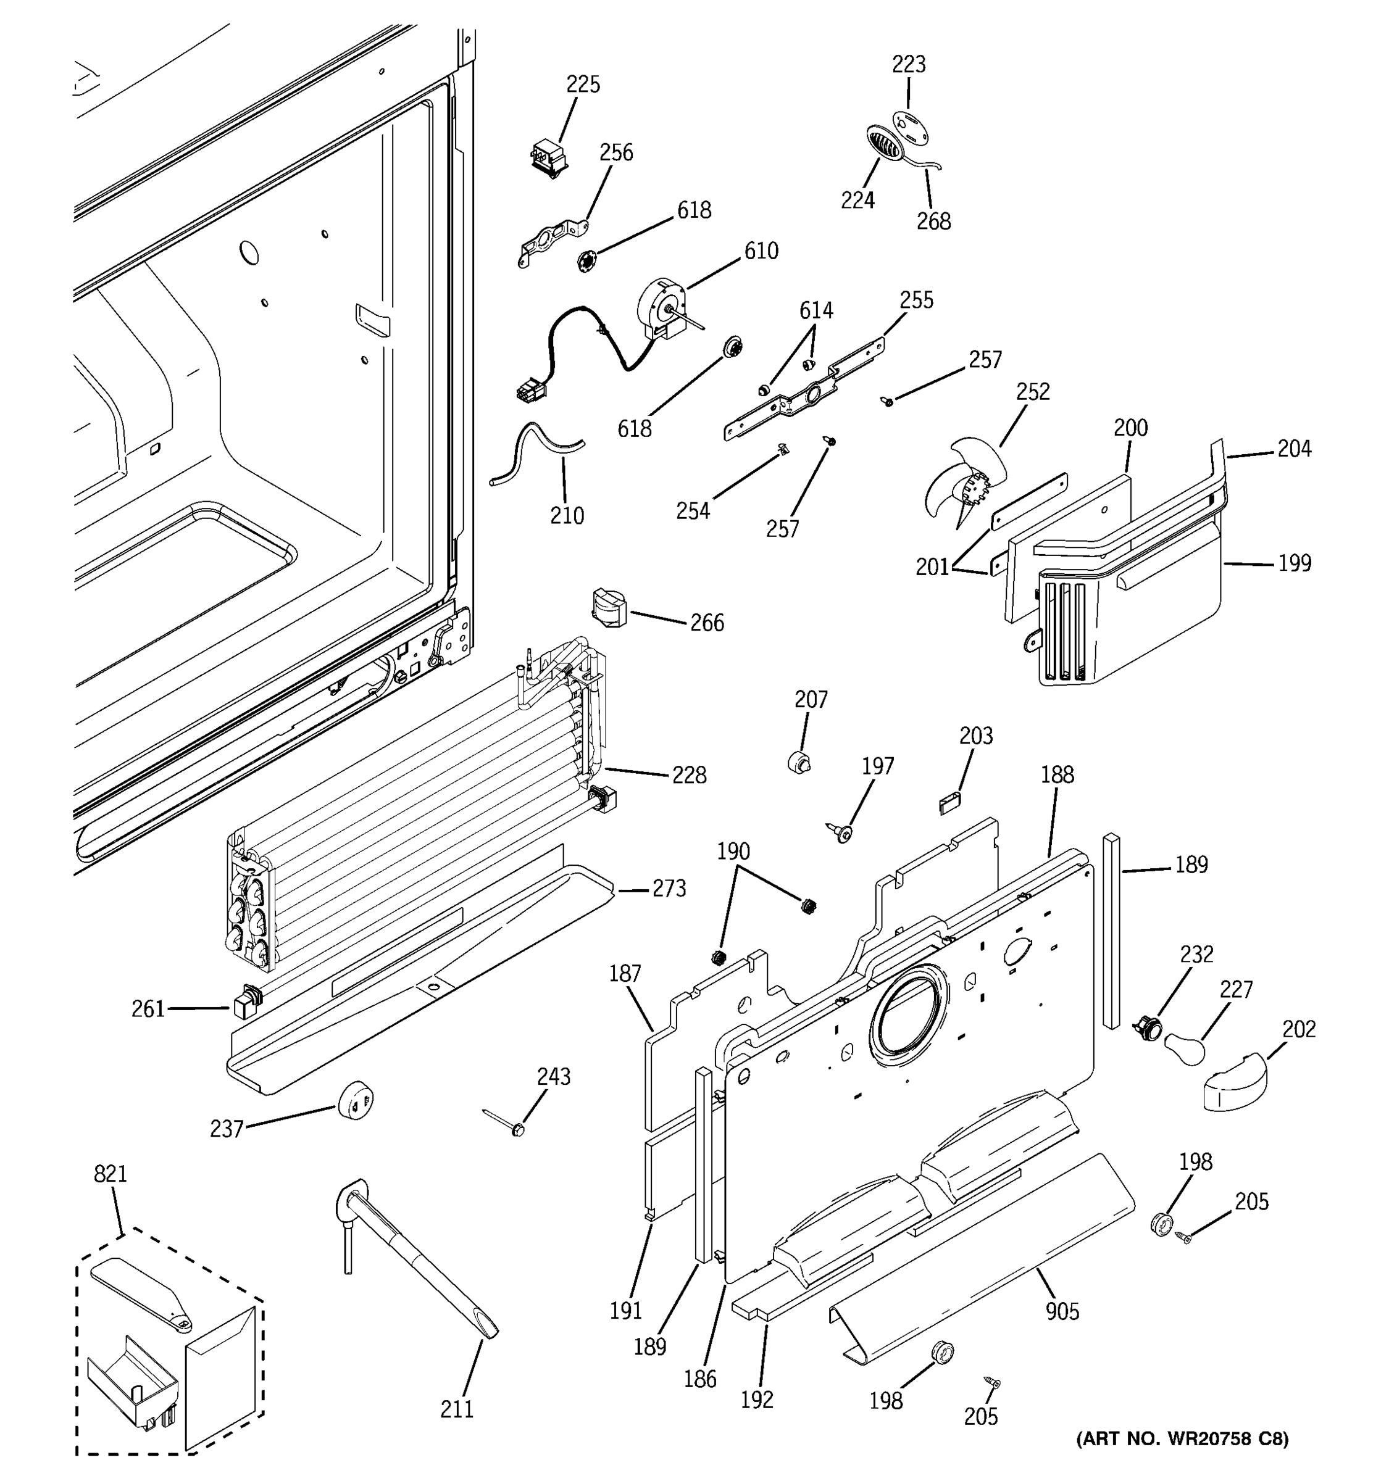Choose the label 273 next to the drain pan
point(669,889)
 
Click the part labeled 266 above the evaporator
point(609,608)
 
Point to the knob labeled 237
point(356,1100)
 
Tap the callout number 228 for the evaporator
point(688,776)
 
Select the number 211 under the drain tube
point(457,1409)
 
